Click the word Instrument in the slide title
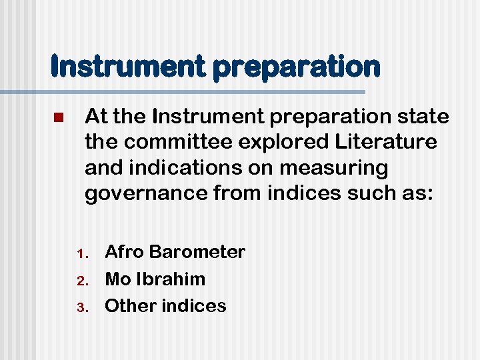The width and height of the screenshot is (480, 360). pos(116,66)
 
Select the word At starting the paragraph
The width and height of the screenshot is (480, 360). pos(96,117)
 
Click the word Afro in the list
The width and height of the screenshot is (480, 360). pos(125,252)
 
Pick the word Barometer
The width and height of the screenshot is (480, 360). pos(197,252)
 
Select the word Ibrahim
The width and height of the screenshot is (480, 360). pos(171,279)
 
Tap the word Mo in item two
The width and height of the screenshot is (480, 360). pos(118,279)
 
